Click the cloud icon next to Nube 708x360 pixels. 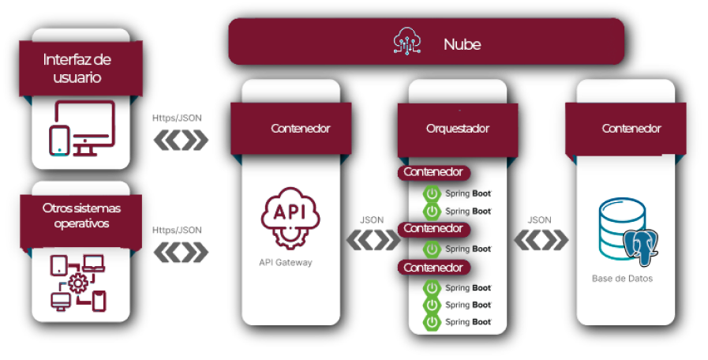408,43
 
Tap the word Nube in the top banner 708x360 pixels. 462,44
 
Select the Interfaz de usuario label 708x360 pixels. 77,69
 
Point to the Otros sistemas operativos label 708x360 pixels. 81,215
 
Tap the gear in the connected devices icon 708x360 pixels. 78,283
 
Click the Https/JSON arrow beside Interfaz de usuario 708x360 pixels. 180,141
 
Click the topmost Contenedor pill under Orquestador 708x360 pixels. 434,171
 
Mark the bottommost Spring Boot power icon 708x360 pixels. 433,322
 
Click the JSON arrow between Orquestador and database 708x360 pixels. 541,239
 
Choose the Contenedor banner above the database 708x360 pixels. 631,128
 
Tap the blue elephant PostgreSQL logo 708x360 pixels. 642,244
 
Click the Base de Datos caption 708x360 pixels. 622,279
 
